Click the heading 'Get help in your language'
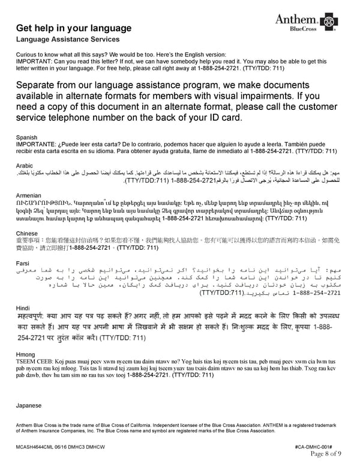click(x=74, y=28)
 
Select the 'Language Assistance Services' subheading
click(x=68, y=40)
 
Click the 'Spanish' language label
click(x=27, y=138)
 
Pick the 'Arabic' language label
click(x=25, y=165)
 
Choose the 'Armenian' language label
click(x=29, y=196)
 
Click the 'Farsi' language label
click(x=23, y=263)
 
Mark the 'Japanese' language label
click(x=29, y=405)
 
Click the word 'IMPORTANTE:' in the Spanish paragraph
click(x=37, y=144)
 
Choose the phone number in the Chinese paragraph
click(x=90, y=247)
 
